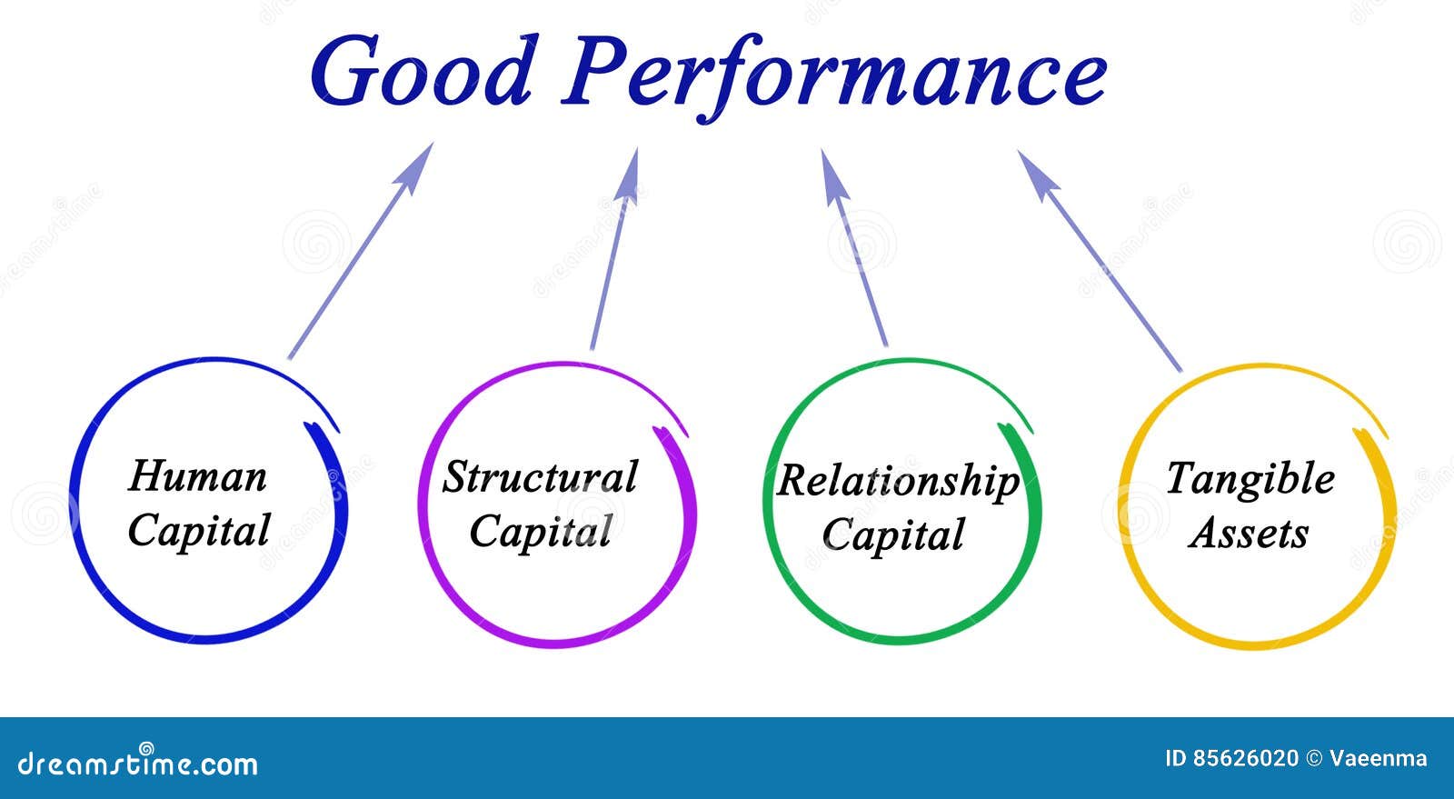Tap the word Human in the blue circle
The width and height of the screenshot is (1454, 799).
point(198,476)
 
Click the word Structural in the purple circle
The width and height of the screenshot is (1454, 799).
point(540,477)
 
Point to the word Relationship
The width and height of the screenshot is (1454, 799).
point(898,482)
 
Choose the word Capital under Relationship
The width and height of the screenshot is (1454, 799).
point(893,535)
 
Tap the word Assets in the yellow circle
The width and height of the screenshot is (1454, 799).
point(1249,534)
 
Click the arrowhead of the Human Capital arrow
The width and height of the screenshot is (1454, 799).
point(417,165)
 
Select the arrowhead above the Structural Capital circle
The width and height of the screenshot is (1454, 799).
point(629,174)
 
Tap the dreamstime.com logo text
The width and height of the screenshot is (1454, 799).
point(138,764)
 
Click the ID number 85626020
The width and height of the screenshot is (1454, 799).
point(1246,759)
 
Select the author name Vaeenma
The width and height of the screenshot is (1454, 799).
point(1378,759)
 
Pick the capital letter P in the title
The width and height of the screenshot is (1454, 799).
point(596,71)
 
